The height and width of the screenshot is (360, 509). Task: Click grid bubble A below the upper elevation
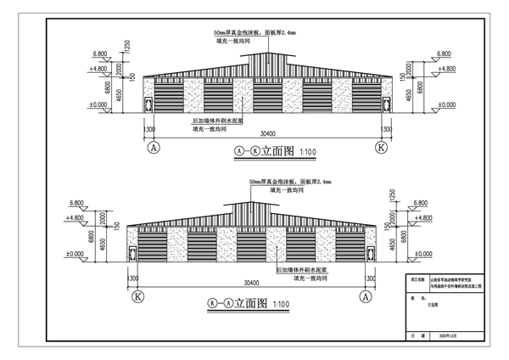154,146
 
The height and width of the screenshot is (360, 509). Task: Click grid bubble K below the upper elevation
381,146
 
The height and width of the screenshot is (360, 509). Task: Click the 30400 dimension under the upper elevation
268,133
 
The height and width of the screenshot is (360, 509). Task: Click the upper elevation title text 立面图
277,152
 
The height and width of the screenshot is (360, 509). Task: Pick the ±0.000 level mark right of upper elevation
442,104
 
